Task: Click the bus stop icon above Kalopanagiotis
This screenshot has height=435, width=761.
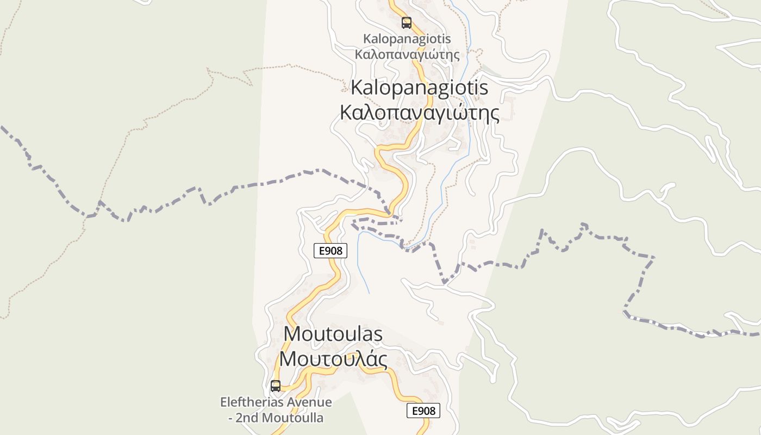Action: (x=407, y=23)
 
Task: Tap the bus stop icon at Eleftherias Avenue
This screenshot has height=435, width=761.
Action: (x=276, y=386)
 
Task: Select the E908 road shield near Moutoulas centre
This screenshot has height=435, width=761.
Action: (x=330, y=251)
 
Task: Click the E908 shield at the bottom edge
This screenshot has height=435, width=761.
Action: (x=423, y=411)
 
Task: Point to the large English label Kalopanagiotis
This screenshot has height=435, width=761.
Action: (x=420, y=88)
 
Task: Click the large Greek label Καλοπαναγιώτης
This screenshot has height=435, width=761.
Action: (x=420, y=113)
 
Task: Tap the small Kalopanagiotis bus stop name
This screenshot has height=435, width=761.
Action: (x=407, y=39)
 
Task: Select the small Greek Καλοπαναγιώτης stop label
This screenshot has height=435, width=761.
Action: (x=407, y=54)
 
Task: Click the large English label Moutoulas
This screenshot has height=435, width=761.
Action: (x=333, y=334)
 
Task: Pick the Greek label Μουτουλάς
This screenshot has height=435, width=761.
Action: (x=333, y=359)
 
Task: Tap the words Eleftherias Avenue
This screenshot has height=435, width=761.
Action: (x=276, y=402)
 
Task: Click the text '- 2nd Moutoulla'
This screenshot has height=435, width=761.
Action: (x=276, y=418)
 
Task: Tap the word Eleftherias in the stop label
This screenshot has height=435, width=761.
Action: (x=252, y=402)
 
